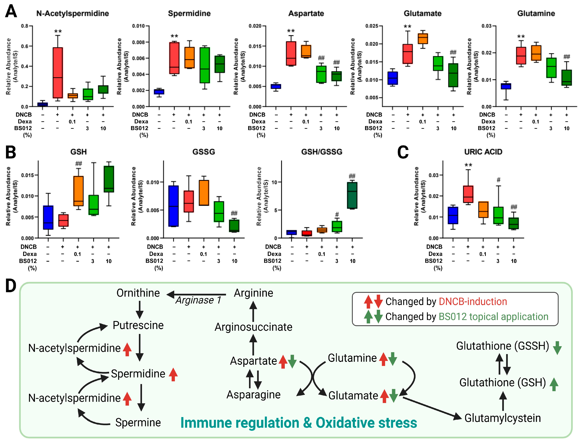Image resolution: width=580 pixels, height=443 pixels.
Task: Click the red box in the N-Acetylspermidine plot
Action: (x=58, y=73)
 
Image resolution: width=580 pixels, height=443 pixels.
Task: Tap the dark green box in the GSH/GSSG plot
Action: (x=352, y=195)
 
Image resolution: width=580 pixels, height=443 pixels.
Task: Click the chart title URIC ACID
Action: (x=483, y=152)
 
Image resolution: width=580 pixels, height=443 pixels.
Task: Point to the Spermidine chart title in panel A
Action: (x=189, y=13)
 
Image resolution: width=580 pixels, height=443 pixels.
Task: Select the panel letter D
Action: (x=11, y=286)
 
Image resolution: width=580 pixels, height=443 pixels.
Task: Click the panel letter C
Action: (x=403, y=152)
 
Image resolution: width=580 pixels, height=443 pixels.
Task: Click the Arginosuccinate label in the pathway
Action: (x=253, y=327)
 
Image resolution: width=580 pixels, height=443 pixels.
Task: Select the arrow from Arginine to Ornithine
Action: (x=197, y=294)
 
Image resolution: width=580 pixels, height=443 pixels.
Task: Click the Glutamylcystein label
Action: (x=502, y=418)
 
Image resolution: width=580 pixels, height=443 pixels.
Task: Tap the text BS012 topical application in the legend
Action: (x=493, y=316)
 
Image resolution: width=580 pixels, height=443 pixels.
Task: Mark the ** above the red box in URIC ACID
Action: (x=468, y=165)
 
